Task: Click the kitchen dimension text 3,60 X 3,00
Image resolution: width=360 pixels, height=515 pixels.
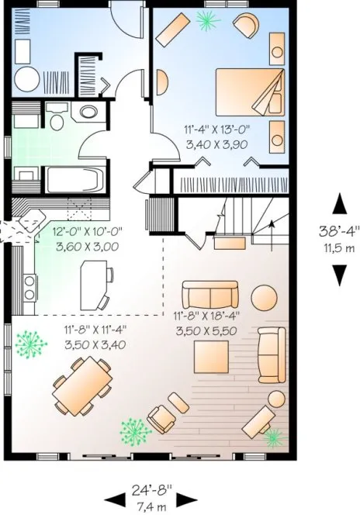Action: click(x=87, y=247)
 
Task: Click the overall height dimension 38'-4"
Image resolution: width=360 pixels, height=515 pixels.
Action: click(x=339, y=231)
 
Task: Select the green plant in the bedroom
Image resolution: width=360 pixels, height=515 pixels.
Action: click(x=207, y=22)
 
